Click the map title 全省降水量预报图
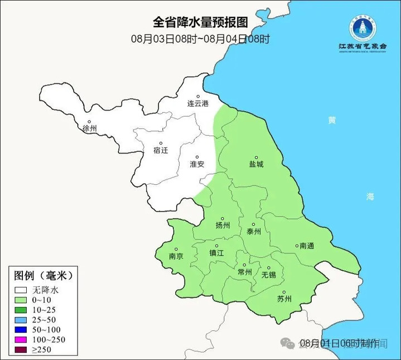coord(200,22)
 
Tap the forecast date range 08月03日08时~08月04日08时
coord(200,39)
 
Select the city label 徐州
coord(90,128)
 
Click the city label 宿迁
coord(160,150)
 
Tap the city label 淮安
coord(197,164)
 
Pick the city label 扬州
coord(223,225)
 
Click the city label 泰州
coord(254,232)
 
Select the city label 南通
coord(306,246)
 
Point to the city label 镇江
coord(216,252)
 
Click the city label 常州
coord(244,272)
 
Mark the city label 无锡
coord(268,275)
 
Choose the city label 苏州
coord(284,299)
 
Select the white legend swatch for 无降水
coord(22,290)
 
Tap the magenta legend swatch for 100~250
coord(22,340)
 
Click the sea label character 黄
coord(332,121)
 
